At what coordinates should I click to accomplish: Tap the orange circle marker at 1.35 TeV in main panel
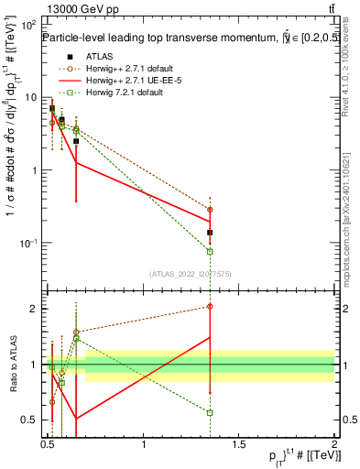point(211,210)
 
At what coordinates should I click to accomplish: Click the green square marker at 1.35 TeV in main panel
point(211,251)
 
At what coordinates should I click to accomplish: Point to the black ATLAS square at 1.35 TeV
point(211,233)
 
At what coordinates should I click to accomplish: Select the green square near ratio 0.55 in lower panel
point(211,412)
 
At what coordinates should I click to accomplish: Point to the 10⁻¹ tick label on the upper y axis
point(30,243)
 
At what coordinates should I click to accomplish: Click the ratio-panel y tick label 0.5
point(30,420)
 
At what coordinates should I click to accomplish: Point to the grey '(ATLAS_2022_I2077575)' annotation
point(190,273)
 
